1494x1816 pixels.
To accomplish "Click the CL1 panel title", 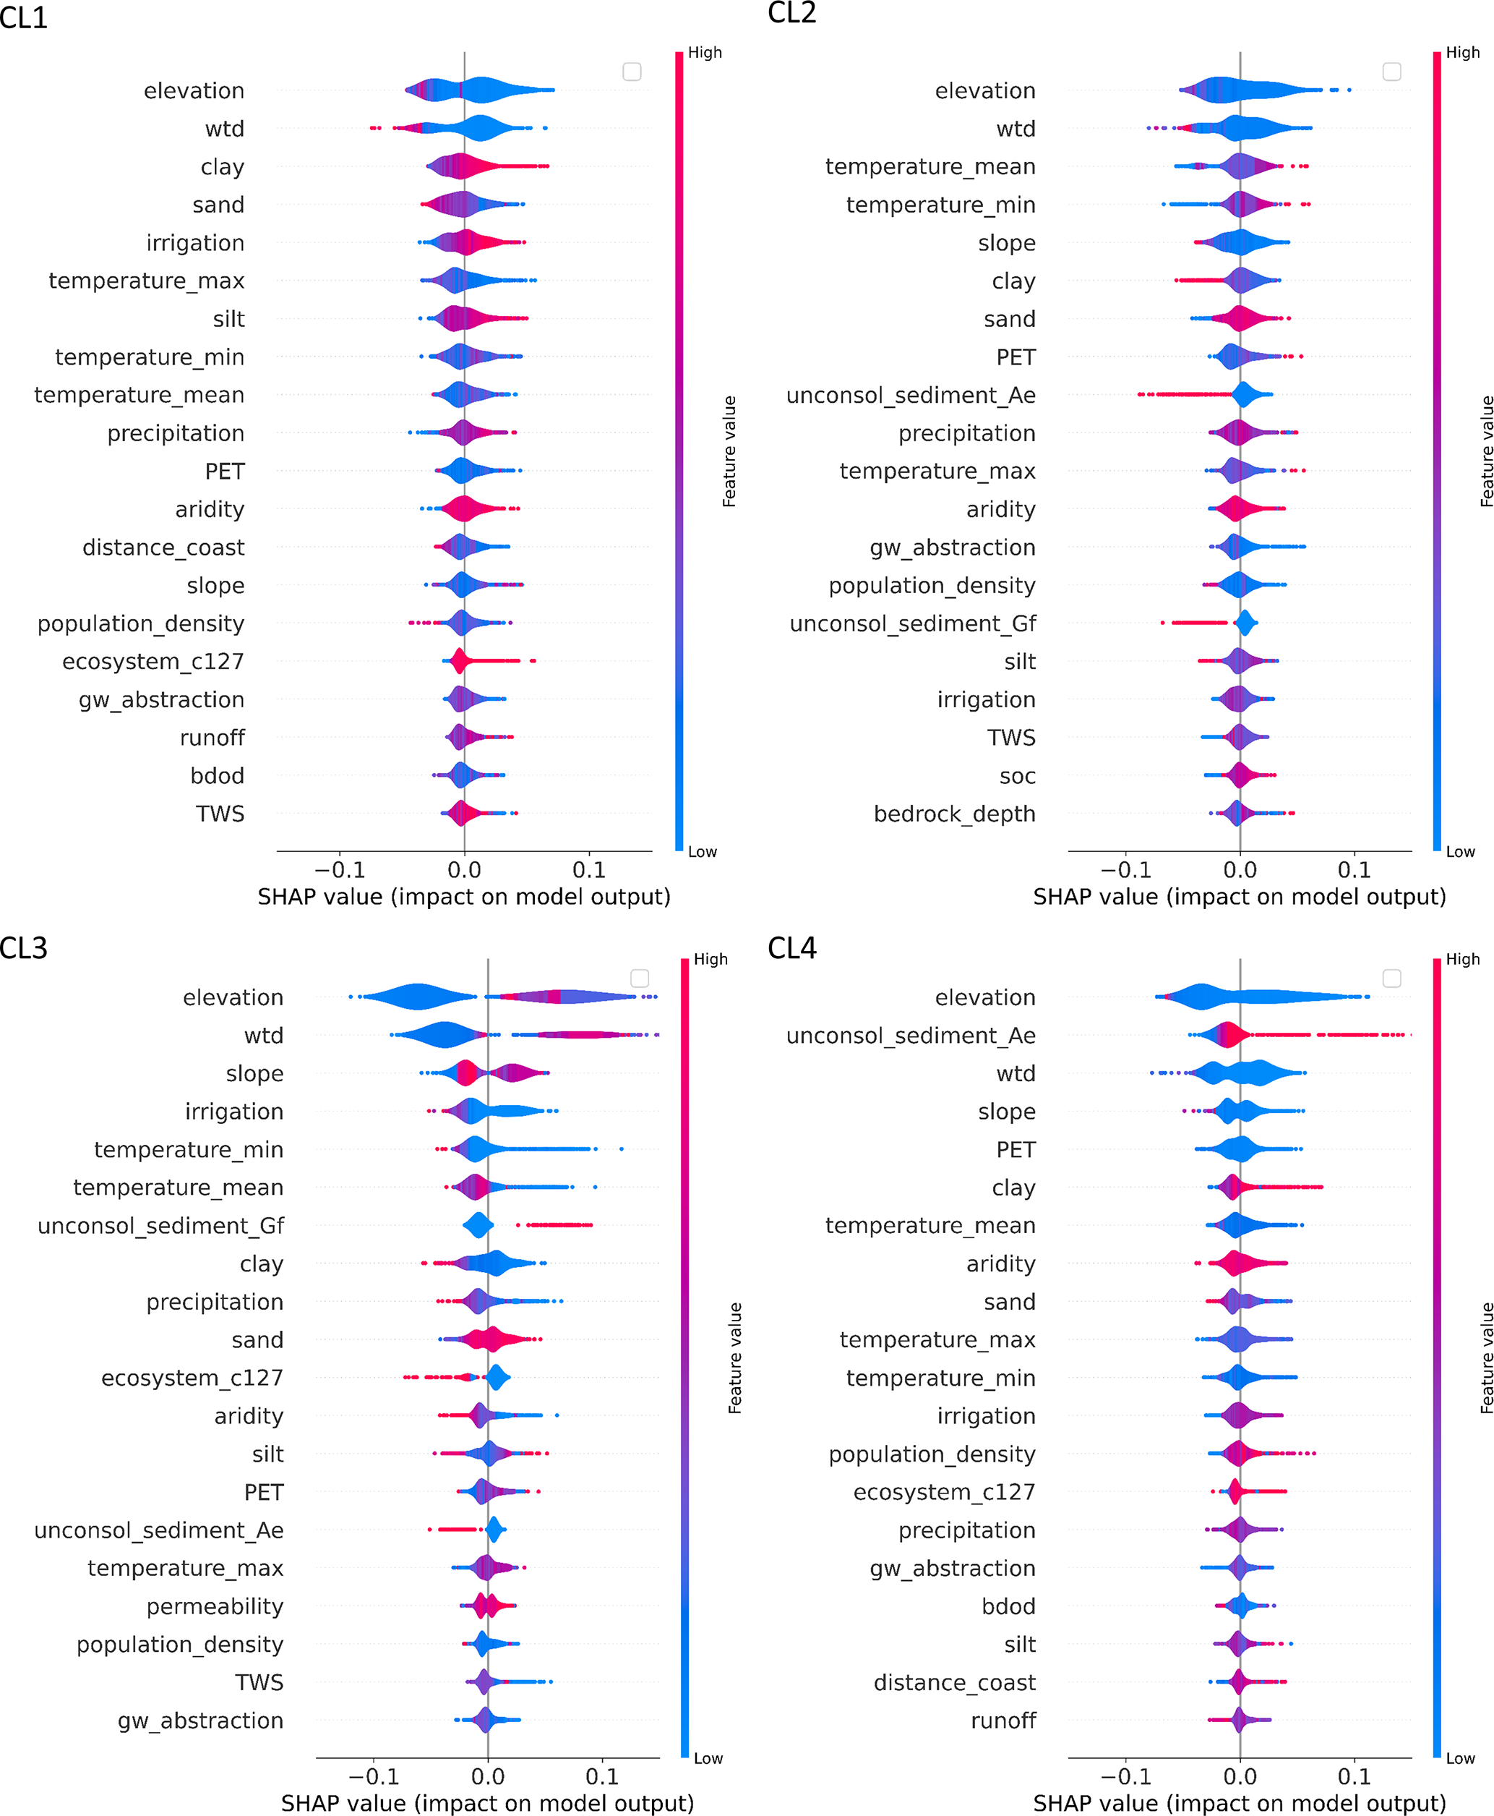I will [24, 17].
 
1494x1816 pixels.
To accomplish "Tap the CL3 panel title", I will [24, 948].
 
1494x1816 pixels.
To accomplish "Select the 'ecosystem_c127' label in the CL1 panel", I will [153, 661].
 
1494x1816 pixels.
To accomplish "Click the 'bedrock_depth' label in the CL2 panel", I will [954, 814].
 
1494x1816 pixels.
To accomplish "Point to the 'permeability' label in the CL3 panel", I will [214, 1606].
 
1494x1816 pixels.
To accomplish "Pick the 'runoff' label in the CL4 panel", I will [1003, 1721].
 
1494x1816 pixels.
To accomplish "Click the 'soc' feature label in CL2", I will [1017, 776].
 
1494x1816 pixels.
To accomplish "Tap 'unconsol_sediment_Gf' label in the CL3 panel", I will [161, 1225].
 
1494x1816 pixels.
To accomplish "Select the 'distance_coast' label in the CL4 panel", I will [954, 1682].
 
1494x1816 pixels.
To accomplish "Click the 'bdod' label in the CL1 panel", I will [217, 776].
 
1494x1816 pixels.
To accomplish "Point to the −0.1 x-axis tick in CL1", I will [339, 870].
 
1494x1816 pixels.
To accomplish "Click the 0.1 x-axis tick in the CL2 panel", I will [1354, 870].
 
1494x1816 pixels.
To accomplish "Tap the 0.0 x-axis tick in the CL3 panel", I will [488, 1776].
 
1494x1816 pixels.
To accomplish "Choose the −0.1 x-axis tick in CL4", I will [1125, 1776].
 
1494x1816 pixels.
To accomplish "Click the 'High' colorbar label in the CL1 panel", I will [705, 53].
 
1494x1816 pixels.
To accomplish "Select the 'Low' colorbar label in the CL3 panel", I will [708, 1758].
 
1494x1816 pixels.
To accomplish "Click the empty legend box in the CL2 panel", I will [1391, 72].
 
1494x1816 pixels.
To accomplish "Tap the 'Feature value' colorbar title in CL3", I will [735, 1358].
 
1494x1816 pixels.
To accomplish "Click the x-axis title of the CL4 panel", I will [1240, 1803].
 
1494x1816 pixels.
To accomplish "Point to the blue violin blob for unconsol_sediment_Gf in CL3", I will [478, 1224].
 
